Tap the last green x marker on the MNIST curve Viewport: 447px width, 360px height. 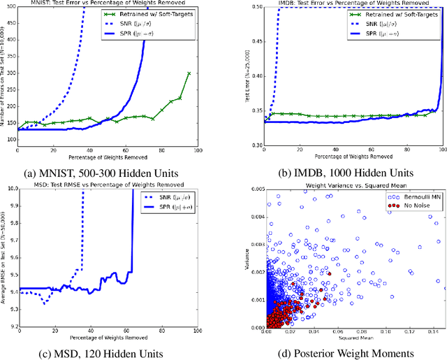coord(189,73)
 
